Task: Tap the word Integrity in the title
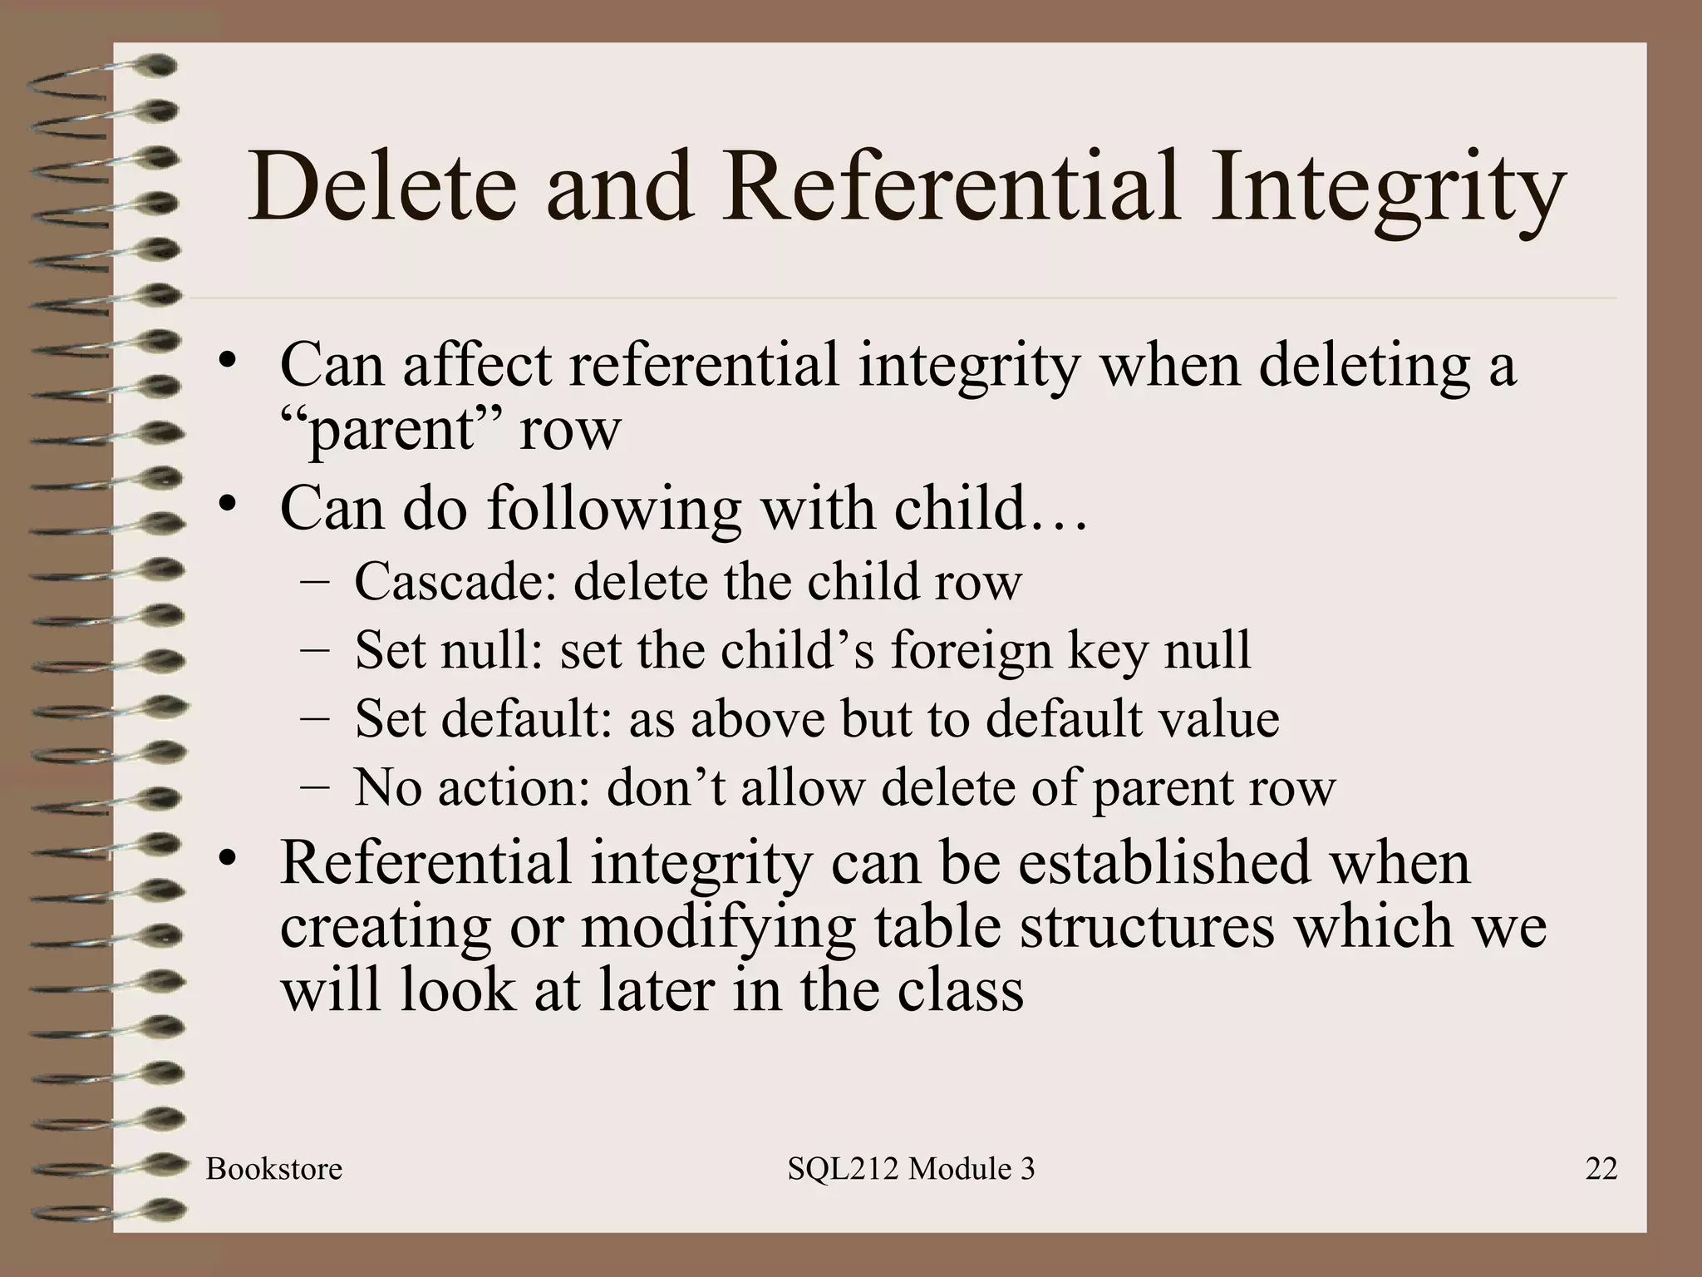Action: pos(1385,190)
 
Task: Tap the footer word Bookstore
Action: pos(274,1169)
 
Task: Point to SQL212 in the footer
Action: pos(844,1169)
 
